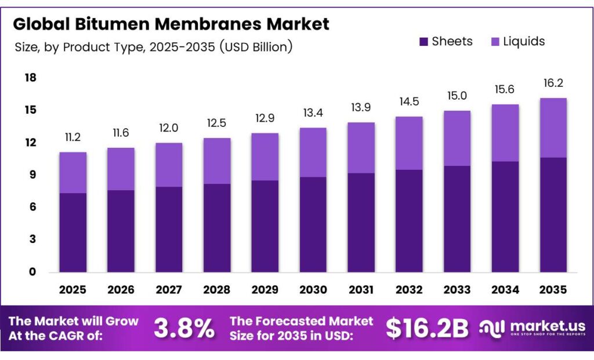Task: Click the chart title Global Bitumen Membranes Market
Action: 171,24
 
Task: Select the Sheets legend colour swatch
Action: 423,42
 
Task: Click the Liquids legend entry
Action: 518,41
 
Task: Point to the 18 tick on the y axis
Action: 30,78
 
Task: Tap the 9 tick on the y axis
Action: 32,175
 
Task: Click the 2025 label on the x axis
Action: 73,289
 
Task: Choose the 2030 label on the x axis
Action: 313,289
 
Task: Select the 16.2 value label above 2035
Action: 552,83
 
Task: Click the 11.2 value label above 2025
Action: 73,138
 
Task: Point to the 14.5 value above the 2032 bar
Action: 408,102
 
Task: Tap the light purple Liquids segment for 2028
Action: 216,161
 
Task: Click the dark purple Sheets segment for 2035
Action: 552,214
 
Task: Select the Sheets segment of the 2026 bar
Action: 121,231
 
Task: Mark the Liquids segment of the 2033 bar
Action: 457,139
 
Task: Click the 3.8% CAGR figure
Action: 184,329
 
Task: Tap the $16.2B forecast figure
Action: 427,329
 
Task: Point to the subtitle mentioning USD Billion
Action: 153,47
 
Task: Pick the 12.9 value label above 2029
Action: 265,119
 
